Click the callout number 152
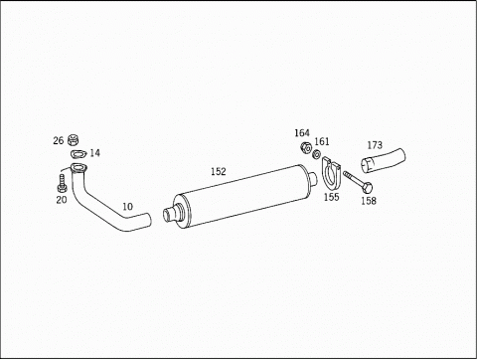[x=219, y=171]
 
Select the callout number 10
[x=127, y=207]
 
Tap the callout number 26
[x=59, y=140]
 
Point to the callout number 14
[x=94, y=153]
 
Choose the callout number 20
[x=62, y=200]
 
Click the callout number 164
[x=302, y=133]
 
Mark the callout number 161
[x=322, y=141]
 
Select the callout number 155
[x=331, y=197]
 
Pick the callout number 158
[x=369, y=201]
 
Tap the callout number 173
[x=375, y=145]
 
